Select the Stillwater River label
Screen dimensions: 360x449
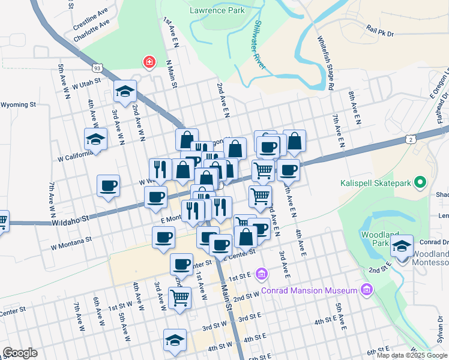(260, 45)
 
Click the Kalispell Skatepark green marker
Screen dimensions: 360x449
(421, 181)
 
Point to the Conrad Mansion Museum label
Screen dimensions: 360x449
(309, 290)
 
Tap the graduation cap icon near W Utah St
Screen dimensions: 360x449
(125, 91)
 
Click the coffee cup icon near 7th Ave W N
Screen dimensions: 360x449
(108, 185)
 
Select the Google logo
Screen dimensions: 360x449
(20, 353)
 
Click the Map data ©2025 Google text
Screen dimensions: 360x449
(412, 355)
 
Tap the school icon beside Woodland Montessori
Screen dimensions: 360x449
(402, 245)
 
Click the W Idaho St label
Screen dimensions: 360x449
(70, 220)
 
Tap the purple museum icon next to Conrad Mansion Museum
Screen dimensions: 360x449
(366, 290)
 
